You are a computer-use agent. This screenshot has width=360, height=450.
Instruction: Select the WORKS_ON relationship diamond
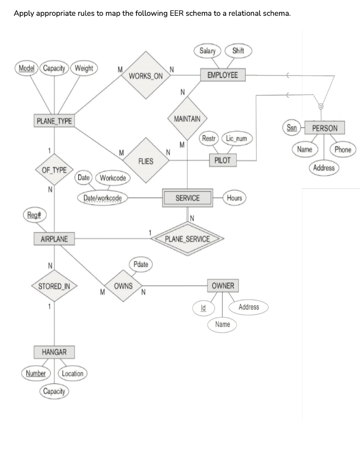146,76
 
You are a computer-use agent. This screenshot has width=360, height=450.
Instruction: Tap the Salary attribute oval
207,51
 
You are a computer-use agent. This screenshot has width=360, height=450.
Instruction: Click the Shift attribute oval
238,51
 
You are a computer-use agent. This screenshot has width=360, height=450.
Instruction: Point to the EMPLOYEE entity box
223,75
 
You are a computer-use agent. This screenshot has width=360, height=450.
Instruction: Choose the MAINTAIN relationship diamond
187,119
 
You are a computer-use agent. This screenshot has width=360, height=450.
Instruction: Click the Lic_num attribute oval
236,139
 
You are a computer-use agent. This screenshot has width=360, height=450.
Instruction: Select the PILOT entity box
223,160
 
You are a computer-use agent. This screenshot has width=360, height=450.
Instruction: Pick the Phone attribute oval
342,149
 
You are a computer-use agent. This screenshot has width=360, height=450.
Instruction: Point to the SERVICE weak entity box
187,198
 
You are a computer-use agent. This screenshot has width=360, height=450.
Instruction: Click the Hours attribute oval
234,198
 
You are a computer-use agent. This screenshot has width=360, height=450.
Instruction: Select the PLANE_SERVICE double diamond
187,240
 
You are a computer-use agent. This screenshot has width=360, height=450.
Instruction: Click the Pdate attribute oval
140,265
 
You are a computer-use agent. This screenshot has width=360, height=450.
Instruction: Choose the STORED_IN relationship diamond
54,287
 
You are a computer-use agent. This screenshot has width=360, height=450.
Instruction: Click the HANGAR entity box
54,352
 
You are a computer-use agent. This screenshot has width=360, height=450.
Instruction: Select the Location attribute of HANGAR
72,374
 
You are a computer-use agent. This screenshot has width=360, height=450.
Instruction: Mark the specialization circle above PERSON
321,106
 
